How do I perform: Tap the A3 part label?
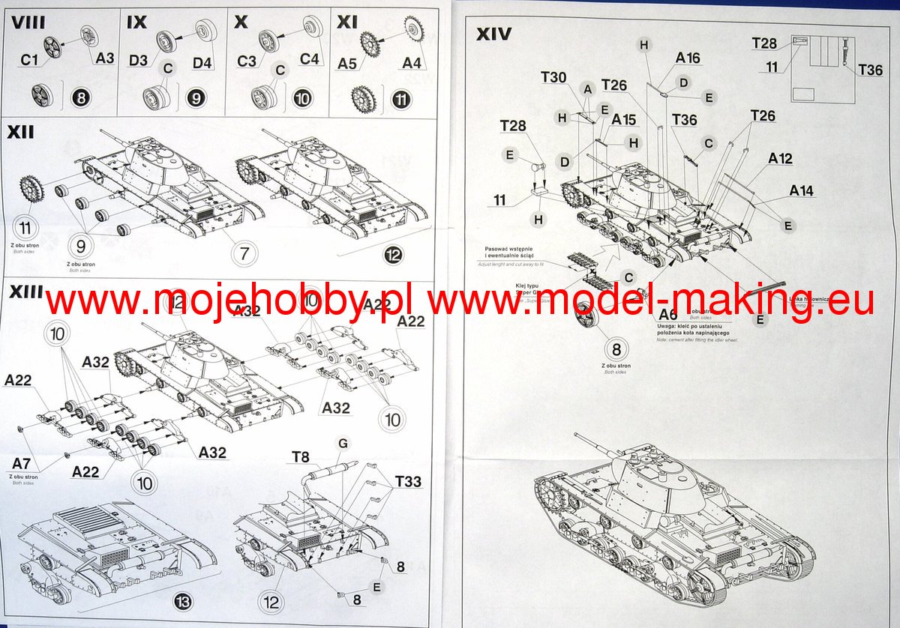[x=104, y=58]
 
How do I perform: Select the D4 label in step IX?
[x=202, y=62]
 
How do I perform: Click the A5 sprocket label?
[x=346, y=64]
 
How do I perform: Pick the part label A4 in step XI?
[x=412, y=63]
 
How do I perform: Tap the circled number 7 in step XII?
[x=244, y=253]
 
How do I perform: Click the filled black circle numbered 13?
[x=183, y=600]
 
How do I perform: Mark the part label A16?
[x=688, y=58]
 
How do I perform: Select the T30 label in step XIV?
[x=553, y=77]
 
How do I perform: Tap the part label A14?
[x=801, y=191]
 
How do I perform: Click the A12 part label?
[x=780, y=159]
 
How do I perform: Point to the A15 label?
[x=623, y=120]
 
